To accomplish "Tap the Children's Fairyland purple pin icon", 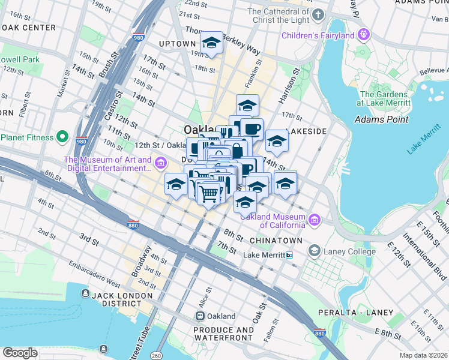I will [x=362, y=35].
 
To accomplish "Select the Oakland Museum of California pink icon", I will [x=315, y=221].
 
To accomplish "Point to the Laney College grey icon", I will [x=314, y=251].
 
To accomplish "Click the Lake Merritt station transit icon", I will [x=289, y=255].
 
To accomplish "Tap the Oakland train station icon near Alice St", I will [x=200, y=316].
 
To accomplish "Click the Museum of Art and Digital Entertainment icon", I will [x=161, y=163].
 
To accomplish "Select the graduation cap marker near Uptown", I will [x=211, y=43].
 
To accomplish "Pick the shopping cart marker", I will [x=208, y=193].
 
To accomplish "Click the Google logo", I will [x=20, y=353].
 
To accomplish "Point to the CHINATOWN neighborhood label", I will [x=276, y=240].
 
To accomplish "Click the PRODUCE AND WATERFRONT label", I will [x=223, y=334].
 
